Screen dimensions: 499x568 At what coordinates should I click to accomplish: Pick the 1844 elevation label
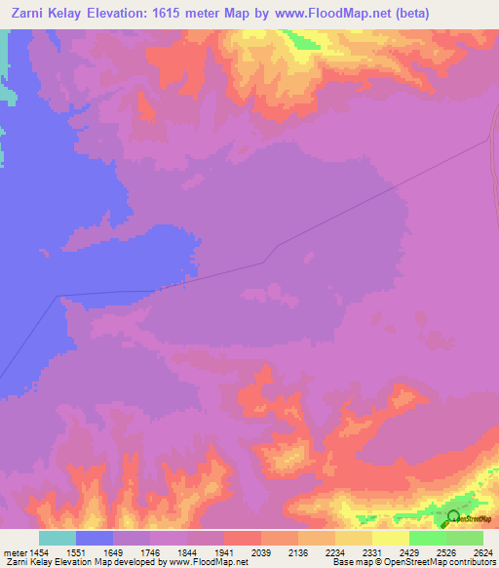pos(189,551)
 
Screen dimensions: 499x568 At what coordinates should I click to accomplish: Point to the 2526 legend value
pos(447,551)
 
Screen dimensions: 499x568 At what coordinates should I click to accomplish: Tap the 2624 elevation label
pos(482,551)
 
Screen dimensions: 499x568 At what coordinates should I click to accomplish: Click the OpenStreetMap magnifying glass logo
pos(453,517)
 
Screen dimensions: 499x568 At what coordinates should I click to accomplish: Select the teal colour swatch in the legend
pos(58,538)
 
